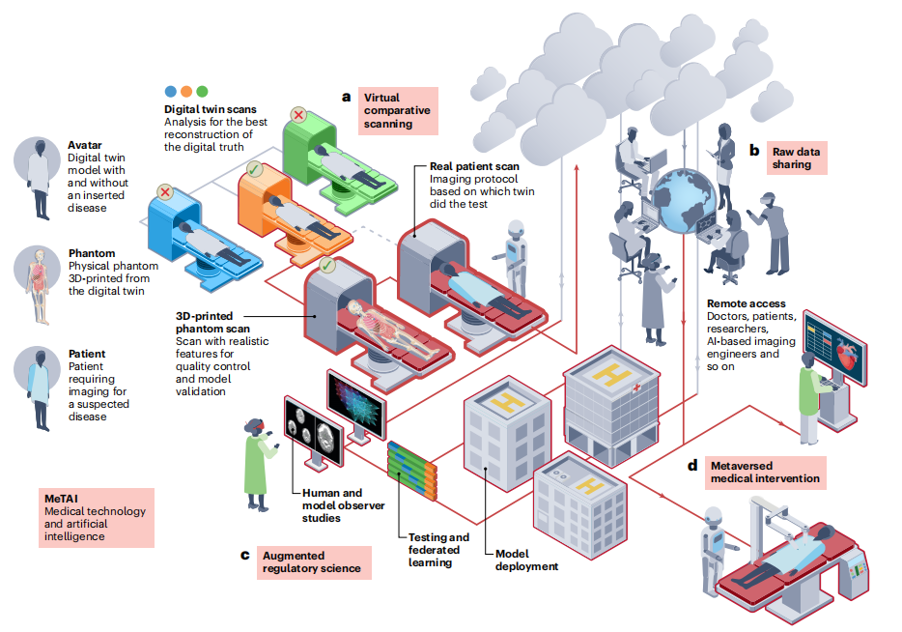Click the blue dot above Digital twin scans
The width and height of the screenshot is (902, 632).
point(171,91)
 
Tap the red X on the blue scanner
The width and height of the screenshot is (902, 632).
point(165,191)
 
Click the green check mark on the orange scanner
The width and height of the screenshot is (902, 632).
point(253,168)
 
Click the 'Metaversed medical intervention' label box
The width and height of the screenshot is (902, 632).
point(765,472)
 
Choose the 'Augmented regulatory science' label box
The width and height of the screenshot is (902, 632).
point(312,562)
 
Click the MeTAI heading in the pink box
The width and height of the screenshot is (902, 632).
point(62,498)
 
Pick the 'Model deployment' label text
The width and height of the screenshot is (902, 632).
point(526,560)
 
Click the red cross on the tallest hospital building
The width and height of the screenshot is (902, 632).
point(635,387)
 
